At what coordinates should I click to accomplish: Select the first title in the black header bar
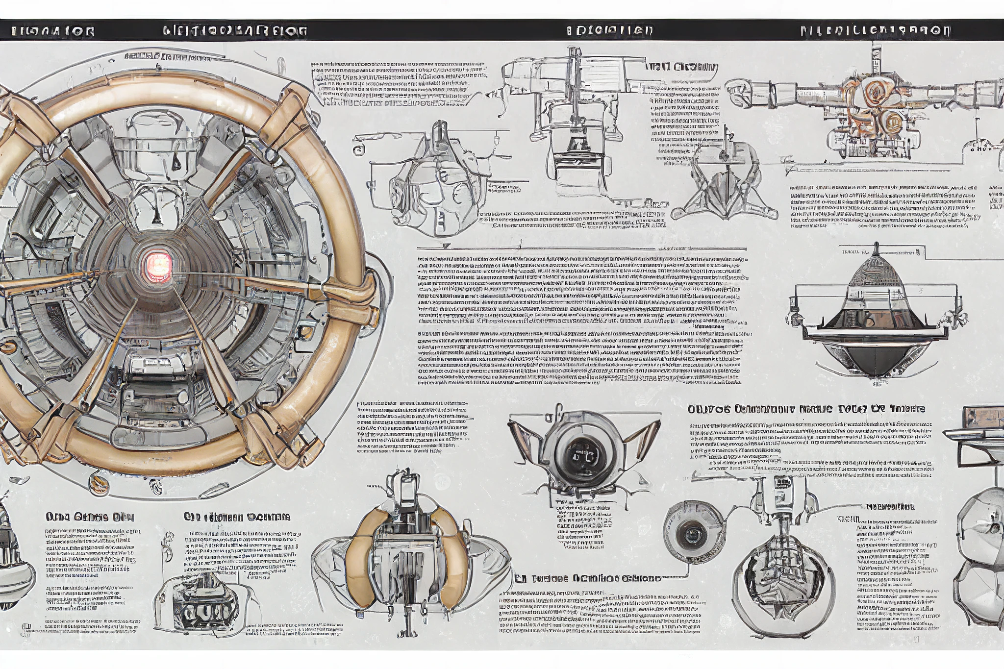[x=53, y=31]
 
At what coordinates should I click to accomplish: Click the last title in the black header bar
[x=876, y=31]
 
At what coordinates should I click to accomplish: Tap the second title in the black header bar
[x=235, y=31]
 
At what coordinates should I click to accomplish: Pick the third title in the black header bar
[x=609, y=31]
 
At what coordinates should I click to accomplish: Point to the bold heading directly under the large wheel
[x=90, y=517]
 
